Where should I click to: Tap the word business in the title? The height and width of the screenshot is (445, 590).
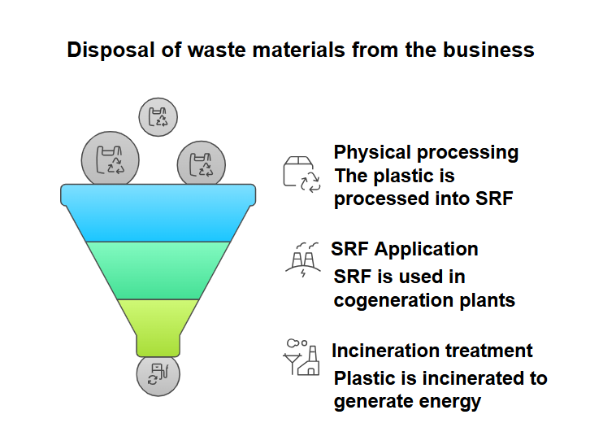coord(488,50)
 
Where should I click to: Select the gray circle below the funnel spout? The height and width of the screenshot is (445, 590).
coord(158,376)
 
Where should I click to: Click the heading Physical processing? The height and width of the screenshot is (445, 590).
coord(426,152)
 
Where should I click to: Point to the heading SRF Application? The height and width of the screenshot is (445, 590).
coord(404,249)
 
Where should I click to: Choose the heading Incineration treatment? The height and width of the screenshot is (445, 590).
coord(432,351)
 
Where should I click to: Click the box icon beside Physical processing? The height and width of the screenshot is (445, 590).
coord(301,173)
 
